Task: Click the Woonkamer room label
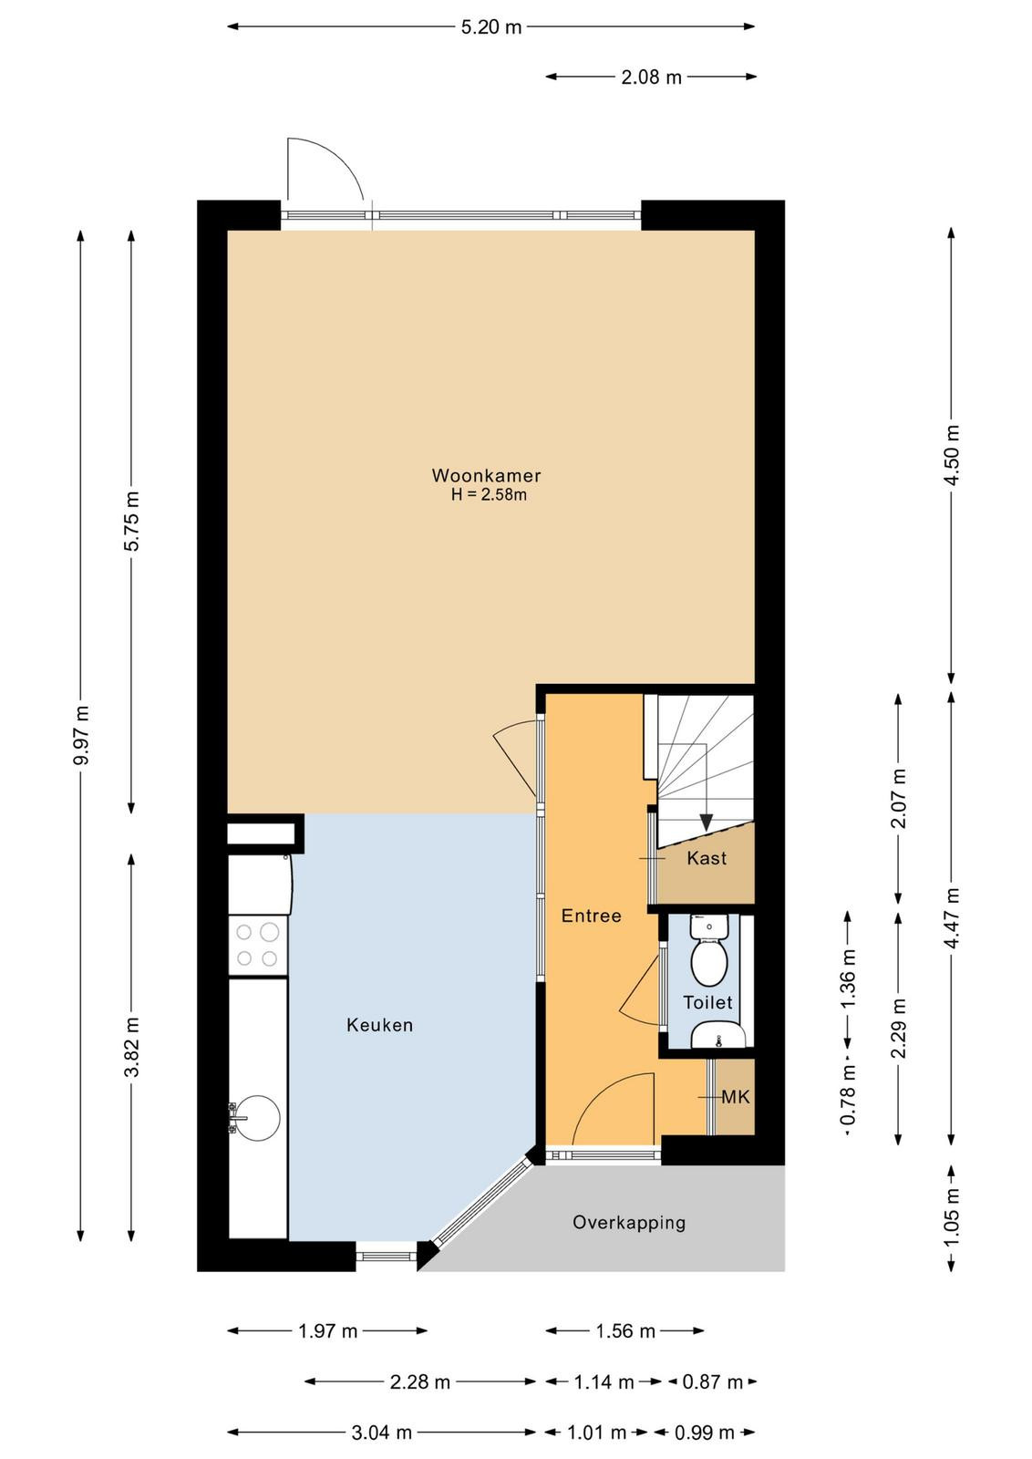[486, 475]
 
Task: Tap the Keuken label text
[379, 1025]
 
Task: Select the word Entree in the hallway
[591, 916]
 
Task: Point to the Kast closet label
[707, 858]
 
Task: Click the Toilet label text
[707, 1002]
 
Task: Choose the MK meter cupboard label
[736, 1097]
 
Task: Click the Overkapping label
[629, 1223]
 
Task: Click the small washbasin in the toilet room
[717, 1035]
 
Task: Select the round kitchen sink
[257, 1118]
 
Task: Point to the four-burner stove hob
[258, 945]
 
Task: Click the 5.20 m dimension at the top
[491, 27]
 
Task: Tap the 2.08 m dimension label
[651, 78]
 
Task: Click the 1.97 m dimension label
[328, 1330]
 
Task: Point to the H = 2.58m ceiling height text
[489, 495]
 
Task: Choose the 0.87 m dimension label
[712, 1381]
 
